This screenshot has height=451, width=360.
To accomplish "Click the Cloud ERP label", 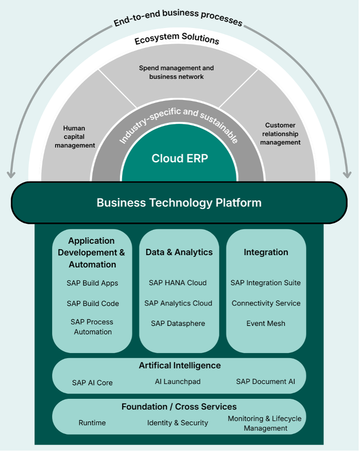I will click(x=180, y=159).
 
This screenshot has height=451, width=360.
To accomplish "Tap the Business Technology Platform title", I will click(x=179, y=203).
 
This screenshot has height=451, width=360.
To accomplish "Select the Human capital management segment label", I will click(x=74, y=136).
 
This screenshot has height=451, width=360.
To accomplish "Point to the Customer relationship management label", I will click(x=280, y=134).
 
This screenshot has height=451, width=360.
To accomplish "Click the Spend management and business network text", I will click(x=176, y=72).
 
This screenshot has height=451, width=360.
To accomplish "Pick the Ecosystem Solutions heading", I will click(x=177, y=39).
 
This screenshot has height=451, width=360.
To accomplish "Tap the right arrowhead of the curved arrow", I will click(x=348, y=174).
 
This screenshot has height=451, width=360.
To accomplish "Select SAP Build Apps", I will click(x=92, y=283).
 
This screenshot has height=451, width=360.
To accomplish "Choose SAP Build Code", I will click(x=92, y=303).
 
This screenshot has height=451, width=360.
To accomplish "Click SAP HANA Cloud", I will click(x=178, y=283).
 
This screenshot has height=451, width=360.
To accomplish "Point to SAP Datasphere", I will click(x=178, y=323).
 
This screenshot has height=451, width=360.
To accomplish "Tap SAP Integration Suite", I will click(x=266, y=283).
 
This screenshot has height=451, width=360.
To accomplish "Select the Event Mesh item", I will click(x=266, y=323).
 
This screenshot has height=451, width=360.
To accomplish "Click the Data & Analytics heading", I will click(x=179, y=252).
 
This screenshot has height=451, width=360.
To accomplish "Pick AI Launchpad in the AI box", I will click(x=177, y=381).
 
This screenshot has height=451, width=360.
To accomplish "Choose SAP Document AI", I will click(x=266, y=381).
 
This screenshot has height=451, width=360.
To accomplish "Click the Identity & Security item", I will click(x=177, y=423).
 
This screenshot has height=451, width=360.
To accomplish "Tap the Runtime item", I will click(x=92, y=423).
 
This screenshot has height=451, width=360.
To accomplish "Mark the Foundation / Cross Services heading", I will click(x=179, y=406).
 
